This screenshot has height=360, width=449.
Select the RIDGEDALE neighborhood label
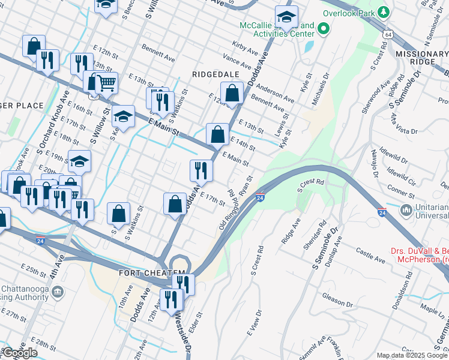pyautogui.click(x=216, y=74)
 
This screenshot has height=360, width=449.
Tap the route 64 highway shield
pyautogui.click(x=389, y=36)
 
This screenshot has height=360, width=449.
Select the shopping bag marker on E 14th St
pyautogui.click(x=218, y=134)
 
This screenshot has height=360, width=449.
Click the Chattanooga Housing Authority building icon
pyautogui.click(x=58, y=292)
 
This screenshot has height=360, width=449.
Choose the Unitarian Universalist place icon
pyautogui.click(x=406, y=211)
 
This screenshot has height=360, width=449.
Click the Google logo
pyautogui.click(x=20, y=353)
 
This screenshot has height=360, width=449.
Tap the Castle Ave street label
pyautogui.click(x=369, y=253)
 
